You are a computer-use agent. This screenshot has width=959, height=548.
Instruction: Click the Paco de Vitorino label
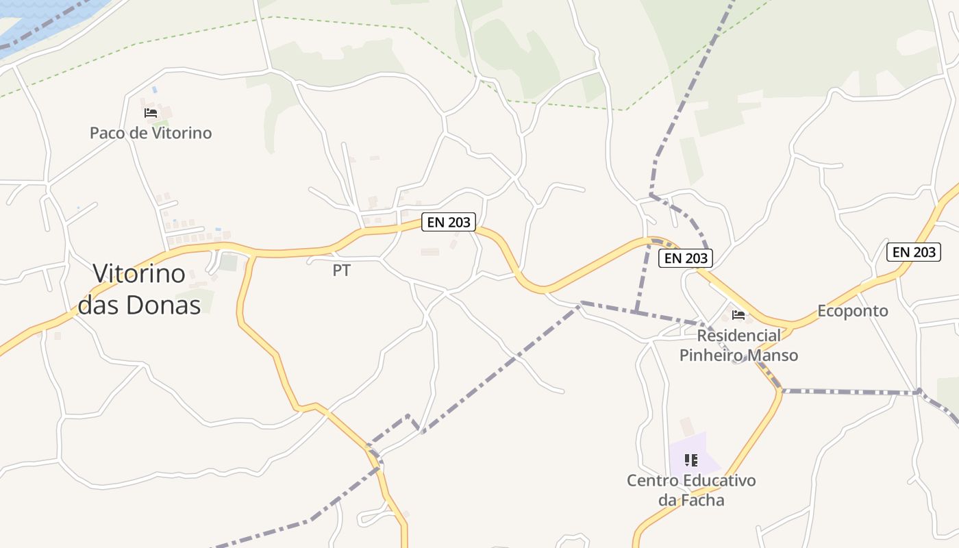pos(151,133)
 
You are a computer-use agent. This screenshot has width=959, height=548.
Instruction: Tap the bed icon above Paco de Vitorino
pos(151,112)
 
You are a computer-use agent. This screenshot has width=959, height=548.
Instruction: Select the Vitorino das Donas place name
pos(139,289)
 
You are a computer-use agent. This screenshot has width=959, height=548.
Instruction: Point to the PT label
pos(341,271)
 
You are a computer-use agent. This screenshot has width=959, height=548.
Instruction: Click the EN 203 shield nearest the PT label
pos(449,222)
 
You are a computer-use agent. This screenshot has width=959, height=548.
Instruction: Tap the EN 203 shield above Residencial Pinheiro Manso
pos(686,258)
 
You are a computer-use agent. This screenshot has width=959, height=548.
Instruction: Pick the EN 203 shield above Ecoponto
pos(914,252)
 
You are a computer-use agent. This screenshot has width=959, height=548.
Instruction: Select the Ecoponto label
pos(852,311)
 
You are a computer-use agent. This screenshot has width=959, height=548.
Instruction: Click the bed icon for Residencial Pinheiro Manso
pos(738,315)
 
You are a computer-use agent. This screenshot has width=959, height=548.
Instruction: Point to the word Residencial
pos(738,336)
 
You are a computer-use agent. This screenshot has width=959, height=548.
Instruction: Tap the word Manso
pos(773,356)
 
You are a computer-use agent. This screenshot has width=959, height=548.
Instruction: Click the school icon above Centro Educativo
pos(691,460)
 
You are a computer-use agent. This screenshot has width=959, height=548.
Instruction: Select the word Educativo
pos(719,480)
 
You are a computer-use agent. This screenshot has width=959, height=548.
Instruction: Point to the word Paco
pos(108,133)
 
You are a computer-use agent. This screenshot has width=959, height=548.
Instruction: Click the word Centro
pos(652,480)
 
